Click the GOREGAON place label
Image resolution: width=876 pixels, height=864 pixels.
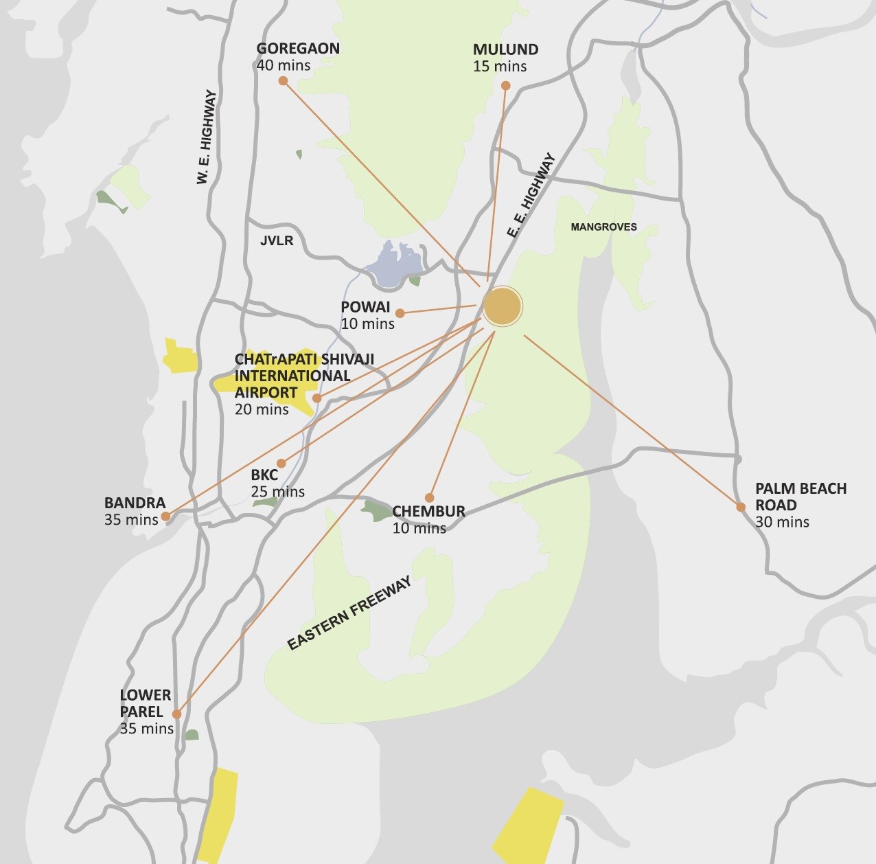tap(298, 49)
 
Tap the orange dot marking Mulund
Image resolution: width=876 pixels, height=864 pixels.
tap(505, 86)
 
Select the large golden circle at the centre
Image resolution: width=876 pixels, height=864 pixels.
tap(503, 306)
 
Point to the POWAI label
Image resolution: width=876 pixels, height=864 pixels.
tap(365, 307)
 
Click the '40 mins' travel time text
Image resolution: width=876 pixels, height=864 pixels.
tap(283, 66)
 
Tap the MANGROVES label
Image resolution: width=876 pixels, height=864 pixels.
tap(603, 227)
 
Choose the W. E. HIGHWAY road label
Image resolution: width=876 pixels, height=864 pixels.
tap(206, 137)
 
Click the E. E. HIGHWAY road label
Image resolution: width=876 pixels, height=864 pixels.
tap(531, 195)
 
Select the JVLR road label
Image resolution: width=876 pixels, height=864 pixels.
tap(277, 241)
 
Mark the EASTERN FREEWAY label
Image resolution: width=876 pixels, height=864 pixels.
tap(349, 613)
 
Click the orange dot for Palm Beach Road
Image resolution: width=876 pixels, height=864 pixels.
tap(741, 508)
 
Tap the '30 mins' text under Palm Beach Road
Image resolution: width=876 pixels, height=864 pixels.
tap(782, 522)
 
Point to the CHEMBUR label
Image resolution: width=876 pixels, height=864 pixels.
tap(428, 512)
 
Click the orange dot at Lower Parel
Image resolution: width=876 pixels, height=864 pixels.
tap(177, 714)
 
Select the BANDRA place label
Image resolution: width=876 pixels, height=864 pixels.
tap(135, 503)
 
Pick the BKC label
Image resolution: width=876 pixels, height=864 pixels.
tap(264, 475)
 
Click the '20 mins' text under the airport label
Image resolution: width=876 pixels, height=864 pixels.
tap(262, 409)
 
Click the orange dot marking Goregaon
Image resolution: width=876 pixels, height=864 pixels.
tap(283, 81)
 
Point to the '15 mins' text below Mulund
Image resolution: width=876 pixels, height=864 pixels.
tap(500, 67)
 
